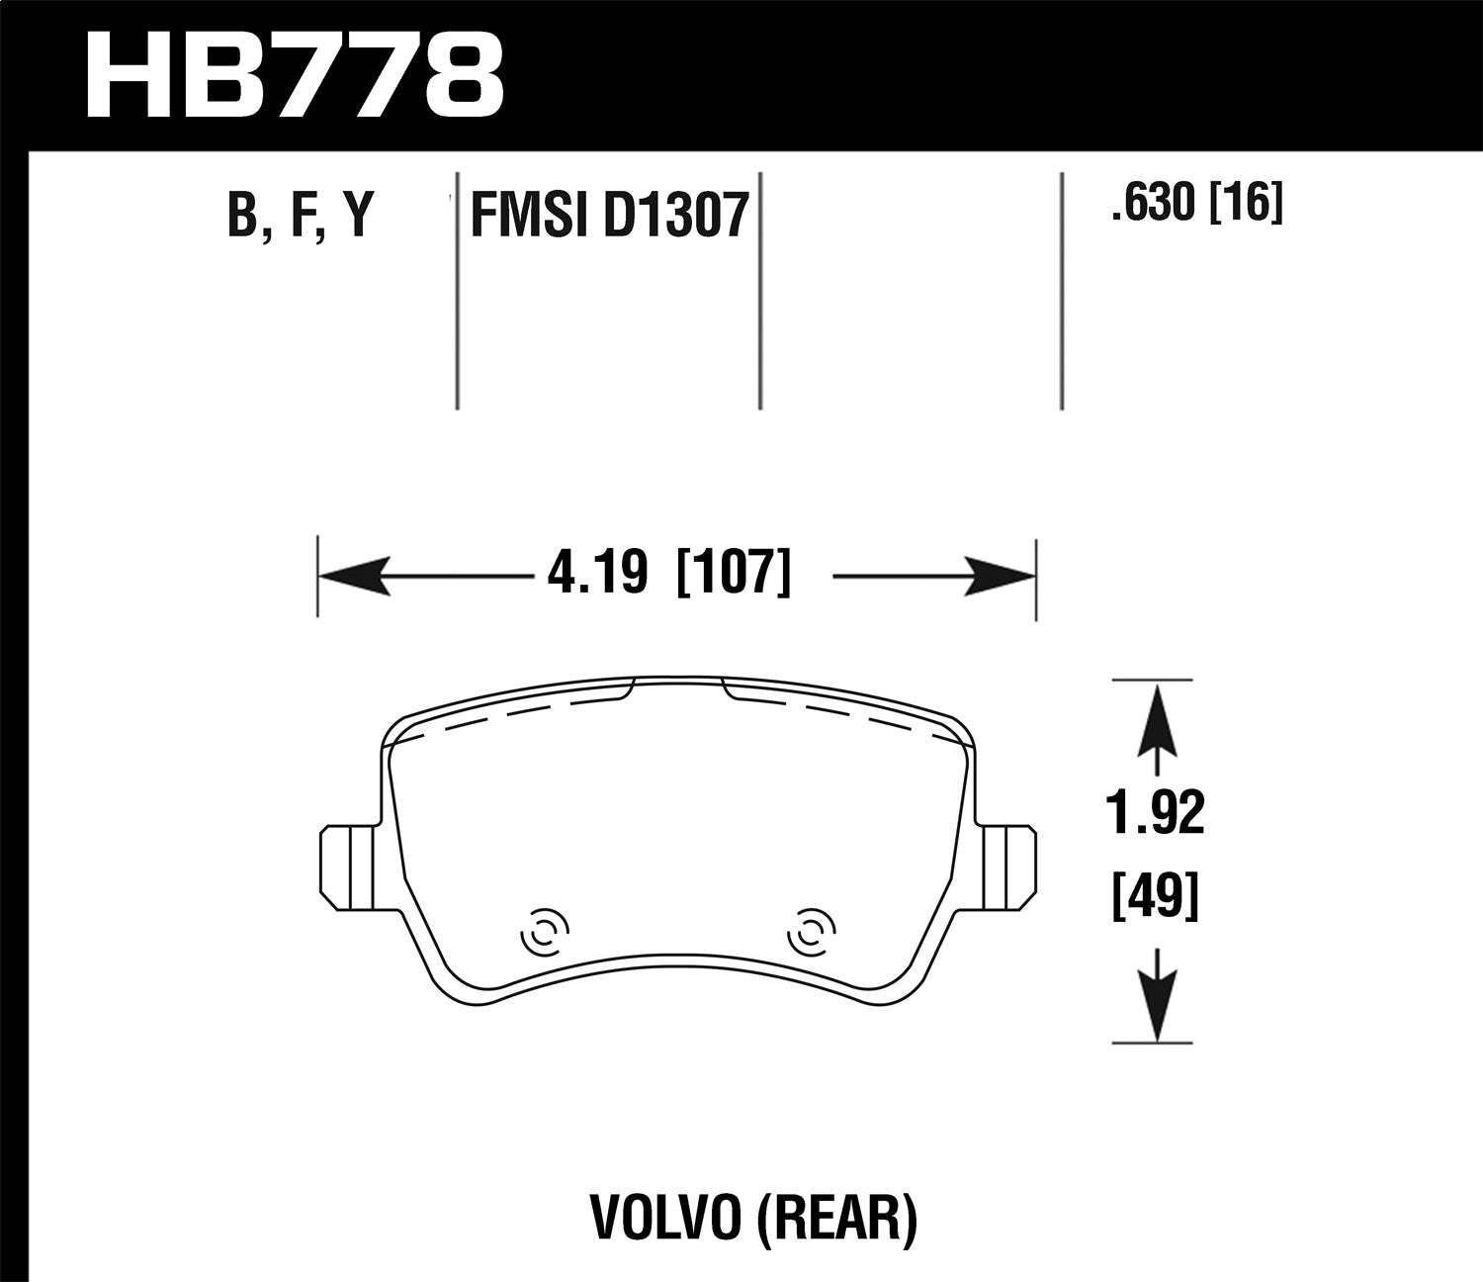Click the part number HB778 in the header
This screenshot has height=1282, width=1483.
[295, 75]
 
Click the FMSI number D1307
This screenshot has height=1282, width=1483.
[675, 215]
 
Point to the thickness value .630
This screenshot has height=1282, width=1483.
[1151, 205]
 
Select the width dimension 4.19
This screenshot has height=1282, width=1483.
[597, 574]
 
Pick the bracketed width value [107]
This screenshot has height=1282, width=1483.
[733, 574]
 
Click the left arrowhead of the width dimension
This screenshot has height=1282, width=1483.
[351, 576]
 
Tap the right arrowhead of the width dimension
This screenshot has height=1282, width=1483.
[1001, 576]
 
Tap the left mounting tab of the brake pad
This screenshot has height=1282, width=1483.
[347, 864]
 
